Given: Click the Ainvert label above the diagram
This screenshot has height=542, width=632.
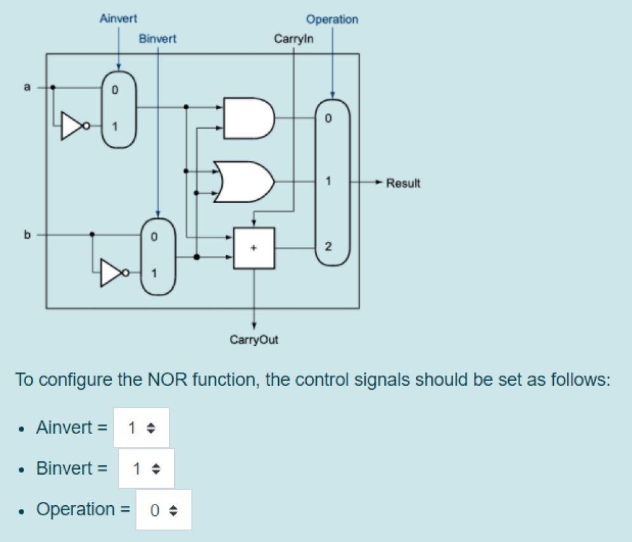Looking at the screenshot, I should click(118, 19).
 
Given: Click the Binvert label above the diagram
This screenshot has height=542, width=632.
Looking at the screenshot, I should click(158, 39).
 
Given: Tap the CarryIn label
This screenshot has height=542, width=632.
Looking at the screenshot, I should click(293, 39).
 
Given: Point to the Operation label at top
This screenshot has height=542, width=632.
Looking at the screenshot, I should click(332, 20).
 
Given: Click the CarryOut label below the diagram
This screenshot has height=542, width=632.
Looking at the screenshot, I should click(254, 340).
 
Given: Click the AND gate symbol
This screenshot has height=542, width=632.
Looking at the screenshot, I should click(249, 118).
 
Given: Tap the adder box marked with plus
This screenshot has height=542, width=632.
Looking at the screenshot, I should click(254, 248).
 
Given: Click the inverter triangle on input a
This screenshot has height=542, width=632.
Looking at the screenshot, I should click(73, 126).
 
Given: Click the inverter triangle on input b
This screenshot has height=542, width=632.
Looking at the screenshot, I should click(112, 274).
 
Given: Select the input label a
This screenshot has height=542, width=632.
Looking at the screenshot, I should click(27, 87).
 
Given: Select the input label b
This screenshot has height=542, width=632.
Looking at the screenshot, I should click(27, 235).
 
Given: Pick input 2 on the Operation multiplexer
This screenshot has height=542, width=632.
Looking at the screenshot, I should click(328, 247).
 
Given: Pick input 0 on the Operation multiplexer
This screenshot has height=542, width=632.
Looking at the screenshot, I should click(328, 119).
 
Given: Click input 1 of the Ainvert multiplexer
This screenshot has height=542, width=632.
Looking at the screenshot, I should click(115, 126).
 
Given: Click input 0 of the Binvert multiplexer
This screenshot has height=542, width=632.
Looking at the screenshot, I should click(154, 237).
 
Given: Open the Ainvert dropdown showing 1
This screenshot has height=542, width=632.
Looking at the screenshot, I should click(141, 428).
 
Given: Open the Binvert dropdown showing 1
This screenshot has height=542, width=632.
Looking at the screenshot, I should click(145, 469).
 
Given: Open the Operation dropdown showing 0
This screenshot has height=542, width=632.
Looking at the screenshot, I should click(163, 510).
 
